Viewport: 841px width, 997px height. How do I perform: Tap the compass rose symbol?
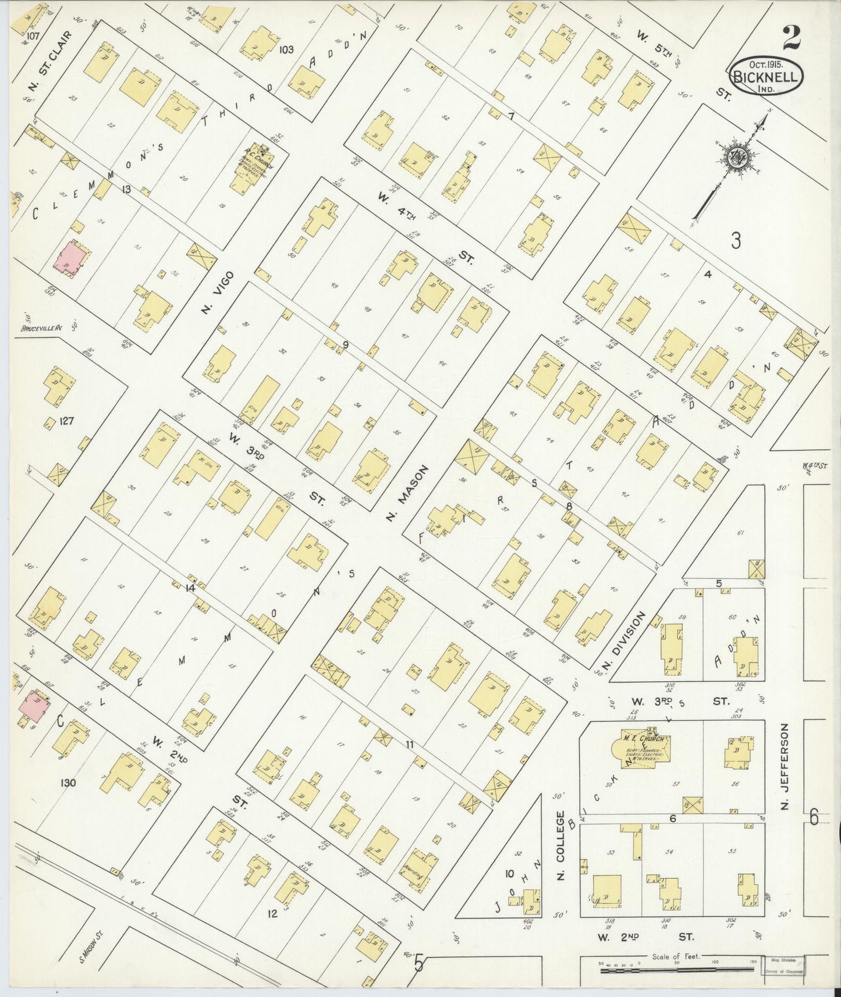coord(734,157)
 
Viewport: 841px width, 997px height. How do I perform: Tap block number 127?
coord(66,421)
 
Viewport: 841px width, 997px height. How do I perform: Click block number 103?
coord(286,49)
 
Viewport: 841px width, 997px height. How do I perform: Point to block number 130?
coord(68,782)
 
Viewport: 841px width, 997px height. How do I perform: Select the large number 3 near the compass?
coord(736,240)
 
